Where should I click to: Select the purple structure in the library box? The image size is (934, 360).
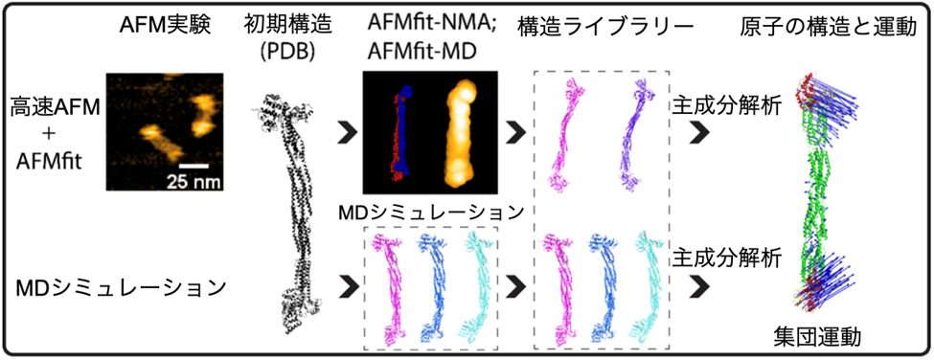coord(642,134)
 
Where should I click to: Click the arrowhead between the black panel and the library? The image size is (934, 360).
coord(514,131)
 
